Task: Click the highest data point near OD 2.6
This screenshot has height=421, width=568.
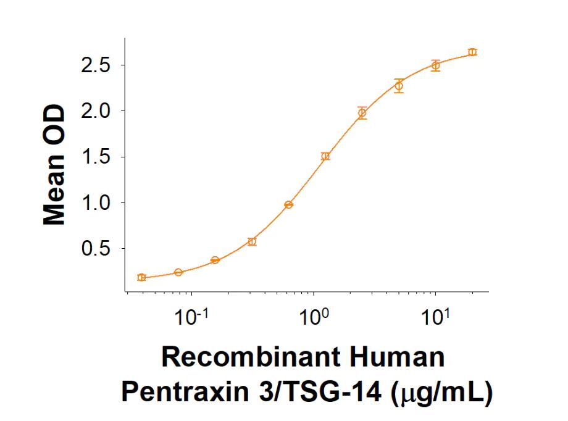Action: tap(472, 52)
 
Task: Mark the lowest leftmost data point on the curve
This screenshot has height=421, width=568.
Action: tap(141, 277)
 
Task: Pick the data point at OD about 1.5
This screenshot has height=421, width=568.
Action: tap(325, 156)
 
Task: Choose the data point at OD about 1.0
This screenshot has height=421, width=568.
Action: tap(288, 204)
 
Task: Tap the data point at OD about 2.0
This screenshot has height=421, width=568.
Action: tap(362, 112)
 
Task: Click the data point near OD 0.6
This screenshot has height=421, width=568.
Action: tap(252, 241)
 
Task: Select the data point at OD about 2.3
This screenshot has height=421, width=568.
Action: tap(399, 86)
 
